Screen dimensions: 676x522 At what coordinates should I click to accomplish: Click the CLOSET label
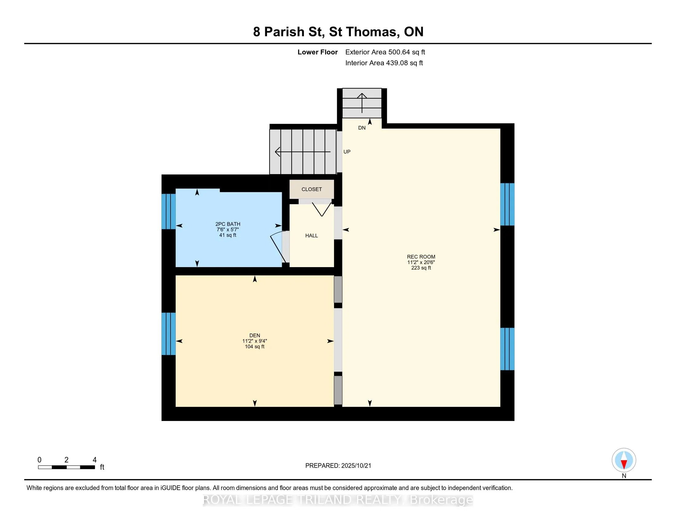click(312, 189)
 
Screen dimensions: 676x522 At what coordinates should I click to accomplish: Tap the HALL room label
click(311, 236)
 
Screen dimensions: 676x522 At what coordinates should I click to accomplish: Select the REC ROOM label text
click(421, 257)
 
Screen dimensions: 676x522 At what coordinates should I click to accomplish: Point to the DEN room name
click(255, 336)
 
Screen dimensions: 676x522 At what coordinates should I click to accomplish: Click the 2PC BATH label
click(228, 224)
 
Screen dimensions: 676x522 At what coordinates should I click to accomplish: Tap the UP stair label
click(347, 152)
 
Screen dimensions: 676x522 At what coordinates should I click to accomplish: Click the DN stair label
click(362, 128)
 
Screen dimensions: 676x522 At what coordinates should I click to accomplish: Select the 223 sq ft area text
click(421, 268)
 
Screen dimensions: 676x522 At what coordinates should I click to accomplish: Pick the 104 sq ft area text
click(255, 347)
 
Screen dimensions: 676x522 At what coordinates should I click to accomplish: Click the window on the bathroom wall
click(169, 211)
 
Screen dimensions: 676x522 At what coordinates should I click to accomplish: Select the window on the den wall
click(169, 334)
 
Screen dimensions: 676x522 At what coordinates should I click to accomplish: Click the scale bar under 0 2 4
click(67, 467)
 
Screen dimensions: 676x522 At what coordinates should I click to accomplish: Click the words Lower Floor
click(318, 52)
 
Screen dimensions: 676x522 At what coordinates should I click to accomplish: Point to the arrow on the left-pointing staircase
click(303, 152)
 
